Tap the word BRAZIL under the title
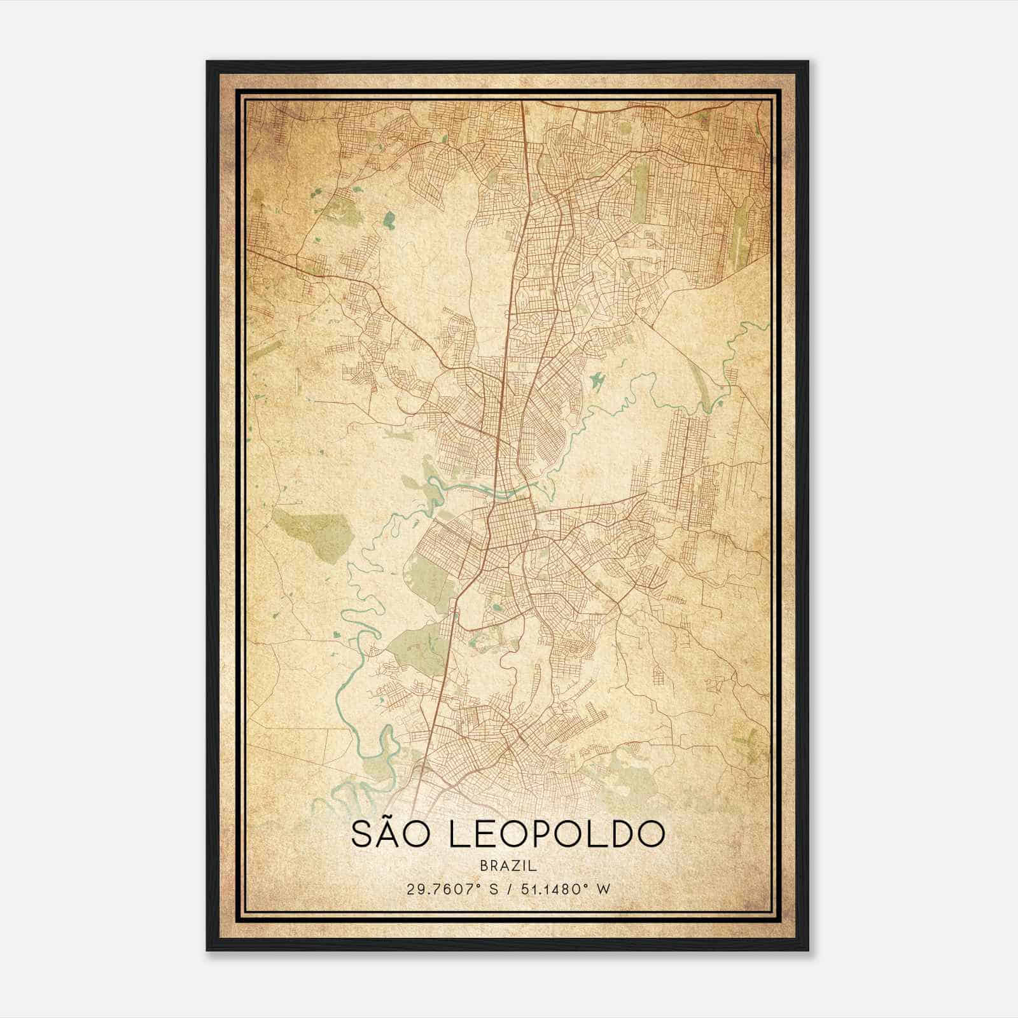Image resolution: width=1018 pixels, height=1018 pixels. click(508, 866)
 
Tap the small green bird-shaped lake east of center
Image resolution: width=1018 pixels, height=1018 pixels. click(597, 380)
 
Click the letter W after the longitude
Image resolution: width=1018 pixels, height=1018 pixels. click(604, 889)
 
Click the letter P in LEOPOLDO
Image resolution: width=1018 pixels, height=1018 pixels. click(539, 834)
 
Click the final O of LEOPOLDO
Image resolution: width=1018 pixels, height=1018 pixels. click(650, 834)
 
